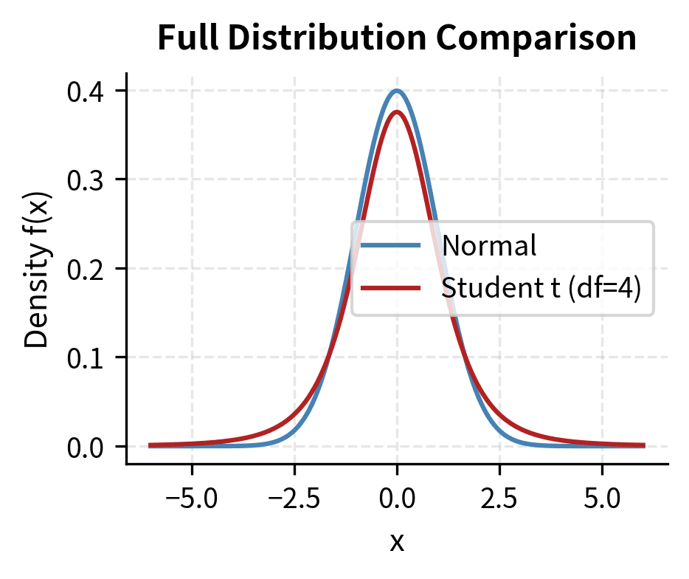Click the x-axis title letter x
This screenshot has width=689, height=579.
pyautogui.click(x=397, y=543)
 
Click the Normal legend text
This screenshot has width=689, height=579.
pyautogui.click(x=488, y=246)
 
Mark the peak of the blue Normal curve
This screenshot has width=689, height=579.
pyautogui.click(x=397, y=91)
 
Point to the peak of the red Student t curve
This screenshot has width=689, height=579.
pyautogui.click(x=397, y=112)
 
